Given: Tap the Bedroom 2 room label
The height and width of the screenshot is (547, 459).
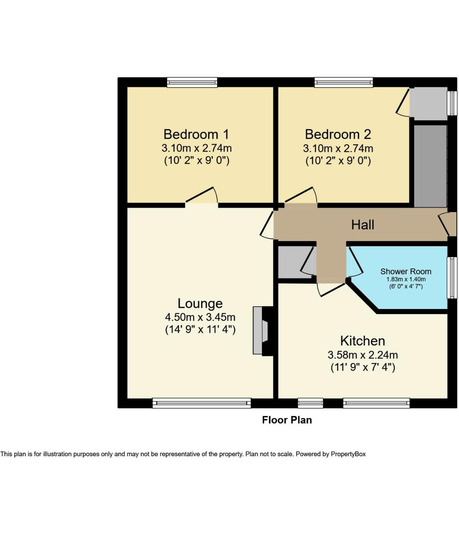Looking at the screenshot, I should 338,134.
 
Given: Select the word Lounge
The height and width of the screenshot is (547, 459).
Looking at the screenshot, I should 200,303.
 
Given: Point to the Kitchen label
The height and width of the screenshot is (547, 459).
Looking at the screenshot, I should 362,341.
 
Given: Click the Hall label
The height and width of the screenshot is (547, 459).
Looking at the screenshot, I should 362,225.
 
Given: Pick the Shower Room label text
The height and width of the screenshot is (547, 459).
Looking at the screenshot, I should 406,272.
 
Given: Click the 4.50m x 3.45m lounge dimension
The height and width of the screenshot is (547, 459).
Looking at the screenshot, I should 200,317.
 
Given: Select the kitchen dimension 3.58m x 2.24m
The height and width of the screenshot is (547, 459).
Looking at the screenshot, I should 362,355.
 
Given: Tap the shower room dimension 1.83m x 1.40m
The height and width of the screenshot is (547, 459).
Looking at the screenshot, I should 406,279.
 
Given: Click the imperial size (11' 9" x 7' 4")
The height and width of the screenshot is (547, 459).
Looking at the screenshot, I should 362,367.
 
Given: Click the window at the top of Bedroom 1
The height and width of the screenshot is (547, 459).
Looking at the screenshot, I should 192,82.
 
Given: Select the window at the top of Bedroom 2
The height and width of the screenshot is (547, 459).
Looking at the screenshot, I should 343,82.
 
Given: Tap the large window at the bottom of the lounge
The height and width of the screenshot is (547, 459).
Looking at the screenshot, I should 201,403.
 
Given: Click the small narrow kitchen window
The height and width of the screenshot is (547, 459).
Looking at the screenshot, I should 310,403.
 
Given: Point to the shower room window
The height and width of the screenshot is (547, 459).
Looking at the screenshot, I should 452,277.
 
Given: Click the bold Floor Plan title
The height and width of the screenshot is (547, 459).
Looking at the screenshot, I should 287,420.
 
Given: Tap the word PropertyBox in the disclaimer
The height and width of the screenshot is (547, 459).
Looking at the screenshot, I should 348,454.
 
